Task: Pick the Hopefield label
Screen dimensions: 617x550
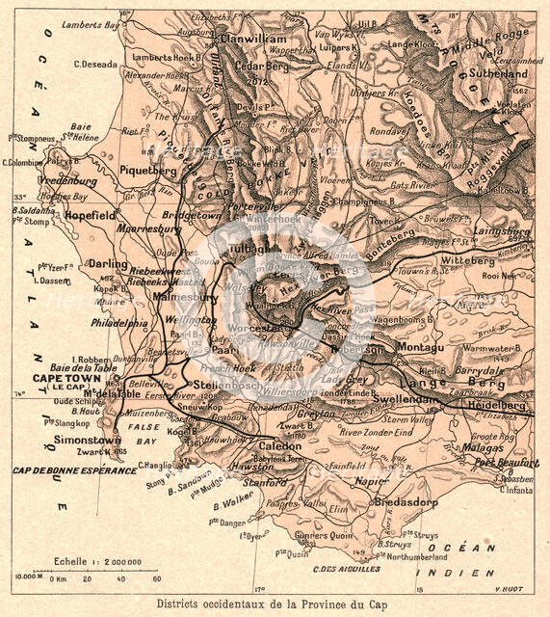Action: pyautogui.click(x=91, y=216)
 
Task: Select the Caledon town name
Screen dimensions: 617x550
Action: pyautogui.click(x=278, y=448)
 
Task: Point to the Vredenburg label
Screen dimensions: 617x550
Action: pyautogui.click(x=68, y=180)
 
